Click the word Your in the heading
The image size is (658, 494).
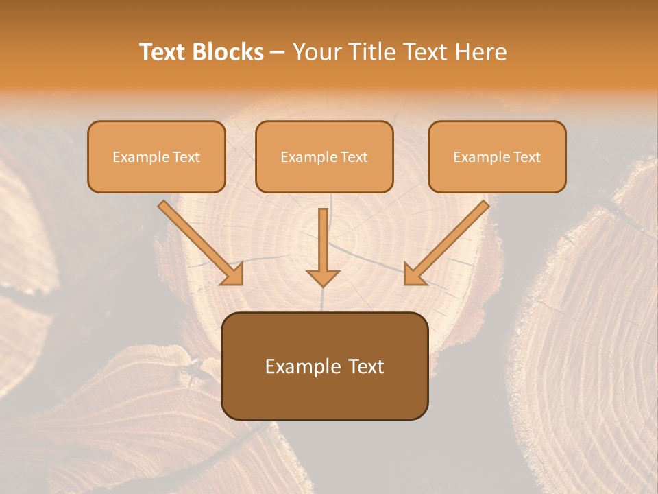317,52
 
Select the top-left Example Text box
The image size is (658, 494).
156,156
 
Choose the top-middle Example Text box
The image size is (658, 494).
324,156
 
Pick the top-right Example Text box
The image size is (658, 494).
497,156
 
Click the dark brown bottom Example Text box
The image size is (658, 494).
324,366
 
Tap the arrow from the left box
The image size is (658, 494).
199,242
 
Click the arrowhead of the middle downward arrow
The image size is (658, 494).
323,277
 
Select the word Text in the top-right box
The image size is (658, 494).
526,157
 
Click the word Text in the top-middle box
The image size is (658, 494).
353,157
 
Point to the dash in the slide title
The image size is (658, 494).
278,52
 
